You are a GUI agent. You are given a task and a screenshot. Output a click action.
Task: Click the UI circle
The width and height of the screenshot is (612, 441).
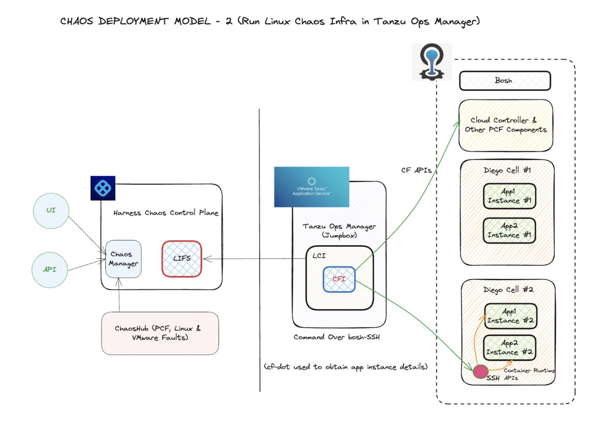pos(51,211)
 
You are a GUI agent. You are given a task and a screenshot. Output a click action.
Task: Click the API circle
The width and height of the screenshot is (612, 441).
pos(50,270)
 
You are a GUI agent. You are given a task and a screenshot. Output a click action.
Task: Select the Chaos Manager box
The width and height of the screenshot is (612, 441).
pos(124,259)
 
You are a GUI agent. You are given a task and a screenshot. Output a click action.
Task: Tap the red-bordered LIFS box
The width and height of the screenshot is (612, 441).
pos(182,259)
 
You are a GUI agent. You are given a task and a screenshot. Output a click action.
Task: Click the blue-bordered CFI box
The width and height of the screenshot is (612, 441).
pos(339,279)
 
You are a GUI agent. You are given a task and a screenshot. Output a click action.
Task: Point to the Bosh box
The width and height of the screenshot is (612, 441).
pos(504,81)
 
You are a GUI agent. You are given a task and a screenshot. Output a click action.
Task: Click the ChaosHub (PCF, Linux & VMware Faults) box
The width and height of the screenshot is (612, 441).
pos(160,333)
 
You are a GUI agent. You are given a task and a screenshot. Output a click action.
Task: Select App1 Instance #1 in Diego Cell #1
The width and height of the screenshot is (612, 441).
pos(509,196)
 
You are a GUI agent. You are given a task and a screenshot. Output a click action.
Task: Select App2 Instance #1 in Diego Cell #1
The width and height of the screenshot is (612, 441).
pos(509,230)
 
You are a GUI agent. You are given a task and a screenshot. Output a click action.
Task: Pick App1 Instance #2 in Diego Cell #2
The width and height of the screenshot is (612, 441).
pos(510,316)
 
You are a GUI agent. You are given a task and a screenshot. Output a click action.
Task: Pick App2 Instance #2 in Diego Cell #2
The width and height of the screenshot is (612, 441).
pos(509,348)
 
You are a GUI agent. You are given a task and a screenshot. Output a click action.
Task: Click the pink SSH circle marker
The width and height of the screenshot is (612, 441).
pos(480,371)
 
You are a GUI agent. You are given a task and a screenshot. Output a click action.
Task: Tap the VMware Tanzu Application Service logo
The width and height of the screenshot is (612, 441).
pos(311,187)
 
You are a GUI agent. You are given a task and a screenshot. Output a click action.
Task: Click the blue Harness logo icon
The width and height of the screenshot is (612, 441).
pos(103,188)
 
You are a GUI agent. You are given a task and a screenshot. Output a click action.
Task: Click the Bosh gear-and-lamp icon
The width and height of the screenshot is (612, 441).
pos(432,62)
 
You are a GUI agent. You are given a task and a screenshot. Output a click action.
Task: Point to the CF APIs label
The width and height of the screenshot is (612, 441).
pos(416,170)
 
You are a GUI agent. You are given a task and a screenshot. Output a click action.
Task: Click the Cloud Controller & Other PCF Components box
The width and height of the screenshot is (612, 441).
pos(506,125)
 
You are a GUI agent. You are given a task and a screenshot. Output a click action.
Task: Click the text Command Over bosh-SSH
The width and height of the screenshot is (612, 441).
pos(336,337)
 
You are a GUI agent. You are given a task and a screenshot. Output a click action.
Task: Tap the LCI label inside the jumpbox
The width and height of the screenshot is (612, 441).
pos(319,256)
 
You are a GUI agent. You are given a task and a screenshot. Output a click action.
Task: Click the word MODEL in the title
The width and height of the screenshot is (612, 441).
pos(192,22)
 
